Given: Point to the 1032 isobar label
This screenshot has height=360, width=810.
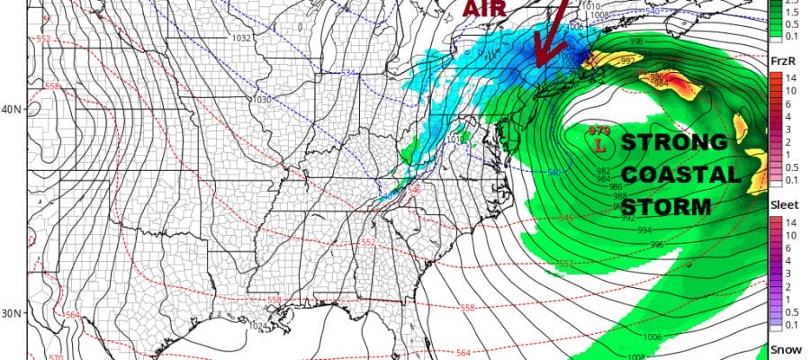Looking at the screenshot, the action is tap(240, 39).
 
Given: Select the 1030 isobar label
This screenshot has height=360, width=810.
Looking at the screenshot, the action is tap(264, 99).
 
